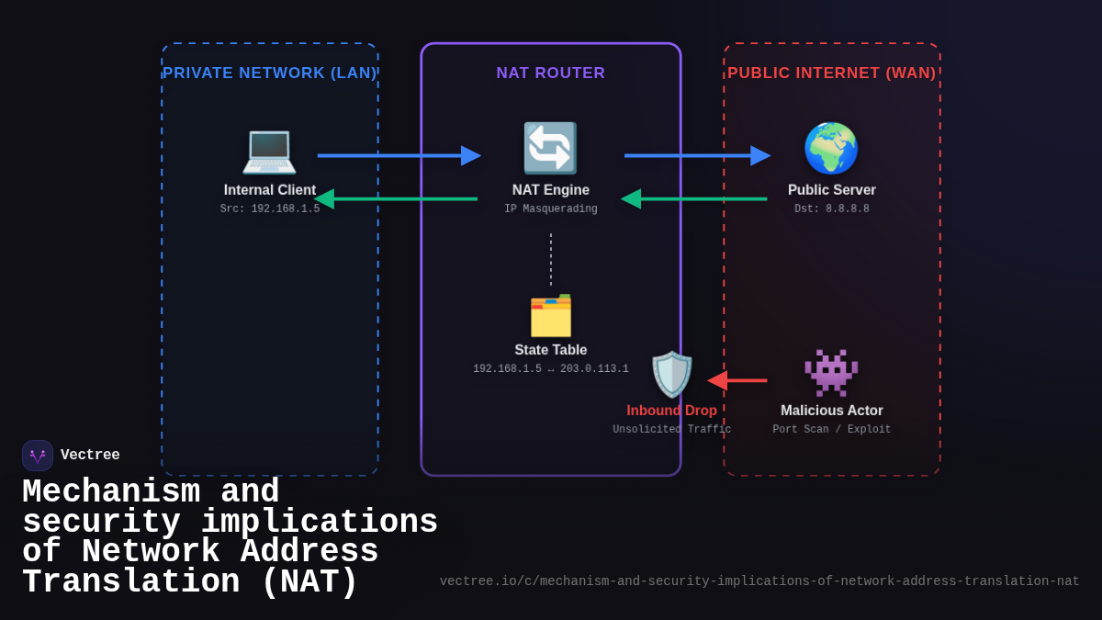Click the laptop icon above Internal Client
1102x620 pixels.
point(269,150)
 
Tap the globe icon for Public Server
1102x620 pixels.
point(831,148)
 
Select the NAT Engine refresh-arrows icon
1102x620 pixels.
point(550,148)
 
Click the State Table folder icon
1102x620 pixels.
point(550,315)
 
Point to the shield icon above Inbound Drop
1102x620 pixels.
point(672,374)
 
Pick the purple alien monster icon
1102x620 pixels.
point(831,372)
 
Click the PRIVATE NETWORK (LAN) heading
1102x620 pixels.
point(269,73)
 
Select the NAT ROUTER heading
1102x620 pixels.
point(551,73)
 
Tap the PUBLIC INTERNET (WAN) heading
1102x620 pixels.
point(832,73)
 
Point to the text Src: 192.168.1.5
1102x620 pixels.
point(270,209)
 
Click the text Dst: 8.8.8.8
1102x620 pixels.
point(832,209)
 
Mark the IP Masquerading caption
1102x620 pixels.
point(551,209)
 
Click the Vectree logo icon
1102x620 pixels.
point(38,456)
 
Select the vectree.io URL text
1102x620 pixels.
point(759,581)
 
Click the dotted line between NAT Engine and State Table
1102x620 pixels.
point(551,259)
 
